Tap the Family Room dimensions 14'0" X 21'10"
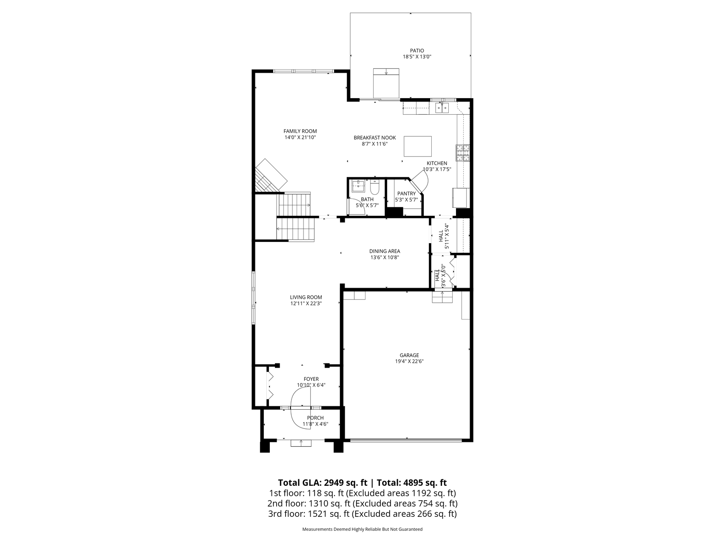point(300,138)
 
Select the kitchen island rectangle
point(417,147)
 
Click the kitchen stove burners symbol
point(463,153)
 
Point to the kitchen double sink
point(442,108)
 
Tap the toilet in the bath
point(374,187)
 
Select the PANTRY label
point(406,193)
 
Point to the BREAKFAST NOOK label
point(374,138)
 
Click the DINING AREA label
point(384,251)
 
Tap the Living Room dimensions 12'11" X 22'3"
point(306,303)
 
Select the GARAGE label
point(409,355)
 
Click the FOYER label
point(311,379)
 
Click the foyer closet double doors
point(269,385)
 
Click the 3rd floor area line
point(362,514)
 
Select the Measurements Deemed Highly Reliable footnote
point(362,529)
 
